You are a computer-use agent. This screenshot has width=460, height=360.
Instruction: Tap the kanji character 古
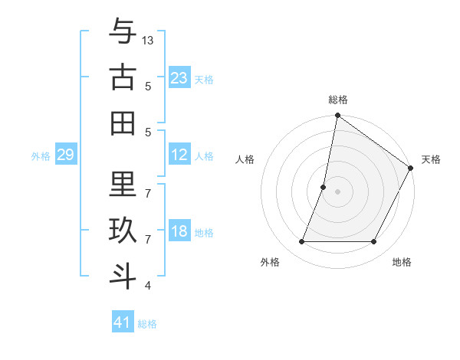coord(123,78)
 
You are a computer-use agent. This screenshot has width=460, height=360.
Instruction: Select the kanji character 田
coord(123,122)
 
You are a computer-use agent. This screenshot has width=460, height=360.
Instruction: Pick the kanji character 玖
coord(123,231)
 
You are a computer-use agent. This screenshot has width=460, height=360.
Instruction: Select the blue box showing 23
coord(179,77)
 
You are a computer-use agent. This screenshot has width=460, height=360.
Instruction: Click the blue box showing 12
coord(179,155)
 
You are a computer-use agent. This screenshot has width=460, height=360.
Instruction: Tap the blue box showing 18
coord(179,231)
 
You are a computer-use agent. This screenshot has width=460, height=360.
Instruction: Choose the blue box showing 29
coord(65,155)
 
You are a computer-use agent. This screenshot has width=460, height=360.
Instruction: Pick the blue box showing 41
coord(123,322)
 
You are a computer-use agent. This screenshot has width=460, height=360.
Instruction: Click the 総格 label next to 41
coord(147,324)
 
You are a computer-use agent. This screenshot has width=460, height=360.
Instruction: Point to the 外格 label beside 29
coord(41,156)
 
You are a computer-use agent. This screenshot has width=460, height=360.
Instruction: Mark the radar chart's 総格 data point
coord(337,116)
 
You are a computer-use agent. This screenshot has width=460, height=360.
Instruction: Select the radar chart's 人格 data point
coord(324,187)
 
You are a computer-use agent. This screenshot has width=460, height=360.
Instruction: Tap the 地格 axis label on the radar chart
coord(402,263)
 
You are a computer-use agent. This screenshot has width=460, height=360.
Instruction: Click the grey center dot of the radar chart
coord(337,191)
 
